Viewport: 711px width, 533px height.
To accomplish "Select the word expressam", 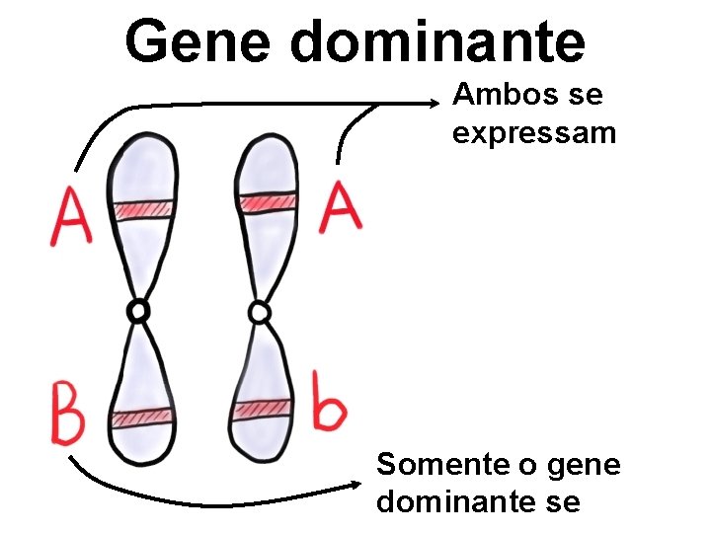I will click(x=534, y=132).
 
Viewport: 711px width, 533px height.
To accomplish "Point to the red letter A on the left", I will click(x=71, y=218).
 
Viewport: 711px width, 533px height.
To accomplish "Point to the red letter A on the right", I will click(x=340, y=208).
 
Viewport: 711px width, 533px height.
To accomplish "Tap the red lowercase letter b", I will click(x=328, y=403).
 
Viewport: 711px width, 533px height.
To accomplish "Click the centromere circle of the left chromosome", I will click(x=139, y=312).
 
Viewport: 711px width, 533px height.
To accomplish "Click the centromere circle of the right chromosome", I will click(x=259, y=313).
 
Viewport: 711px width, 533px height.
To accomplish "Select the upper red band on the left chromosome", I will click(x=142, y=209).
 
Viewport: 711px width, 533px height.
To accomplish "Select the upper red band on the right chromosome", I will click(x=267, y=202).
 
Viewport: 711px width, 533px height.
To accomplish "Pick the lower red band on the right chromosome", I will click(x=261, y=409).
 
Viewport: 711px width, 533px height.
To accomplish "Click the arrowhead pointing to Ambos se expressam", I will click(x=443, y=100).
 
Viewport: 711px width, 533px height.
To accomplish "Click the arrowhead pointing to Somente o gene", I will click(x=360, y=484).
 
